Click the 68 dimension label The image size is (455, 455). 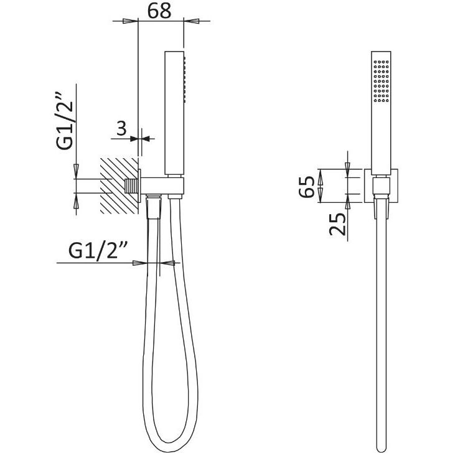159,11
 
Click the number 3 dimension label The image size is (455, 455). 122,129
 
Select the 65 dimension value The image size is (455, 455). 307,187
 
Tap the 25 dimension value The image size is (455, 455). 338,223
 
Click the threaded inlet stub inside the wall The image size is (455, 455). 131,186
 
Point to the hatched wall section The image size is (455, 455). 119,186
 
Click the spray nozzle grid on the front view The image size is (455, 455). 382,81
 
